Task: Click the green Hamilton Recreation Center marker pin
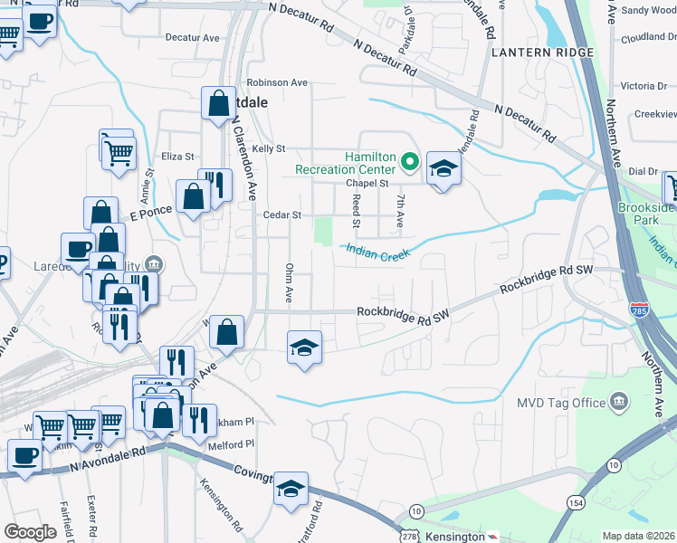click(409, 163)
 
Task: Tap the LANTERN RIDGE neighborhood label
click(542, 52)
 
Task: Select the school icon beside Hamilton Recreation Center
click(443, 168)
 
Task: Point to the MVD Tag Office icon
click(619, 401)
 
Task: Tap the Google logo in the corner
click(30, 532)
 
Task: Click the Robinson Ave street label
click(277, 82)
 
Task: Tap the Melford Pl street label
click(231, 444)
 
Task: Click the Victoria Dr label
click(644, 86)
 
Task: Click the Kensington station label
click(456, 536)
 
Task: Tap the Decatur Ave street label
click(193, 38)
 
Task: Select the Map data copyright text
click(639, 536)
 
